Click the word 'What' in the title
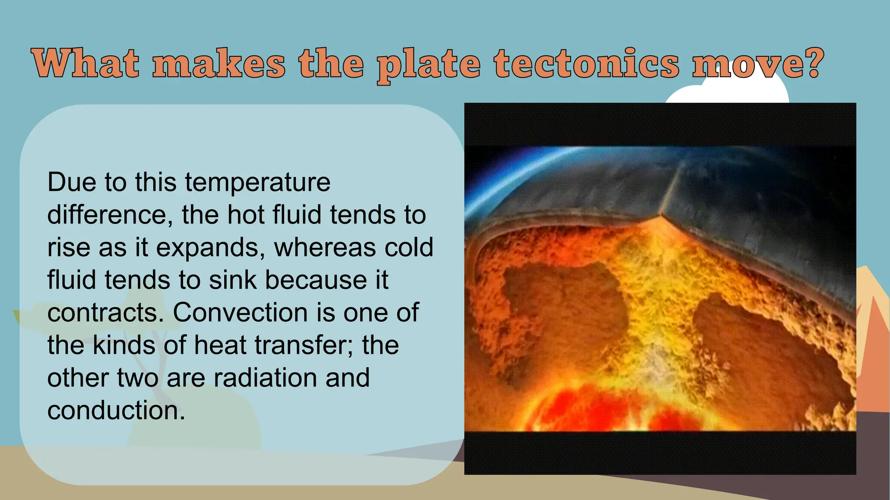[x=86, y=64]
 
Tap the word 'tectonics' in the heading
[x=586, y=64]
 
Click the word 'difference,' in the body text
[x=107, y=215]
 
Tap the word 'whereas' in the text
[x=319, y=247]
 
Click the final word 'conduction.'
[x=116, y=411]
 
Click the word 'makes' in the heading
[x=219, y=64]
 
